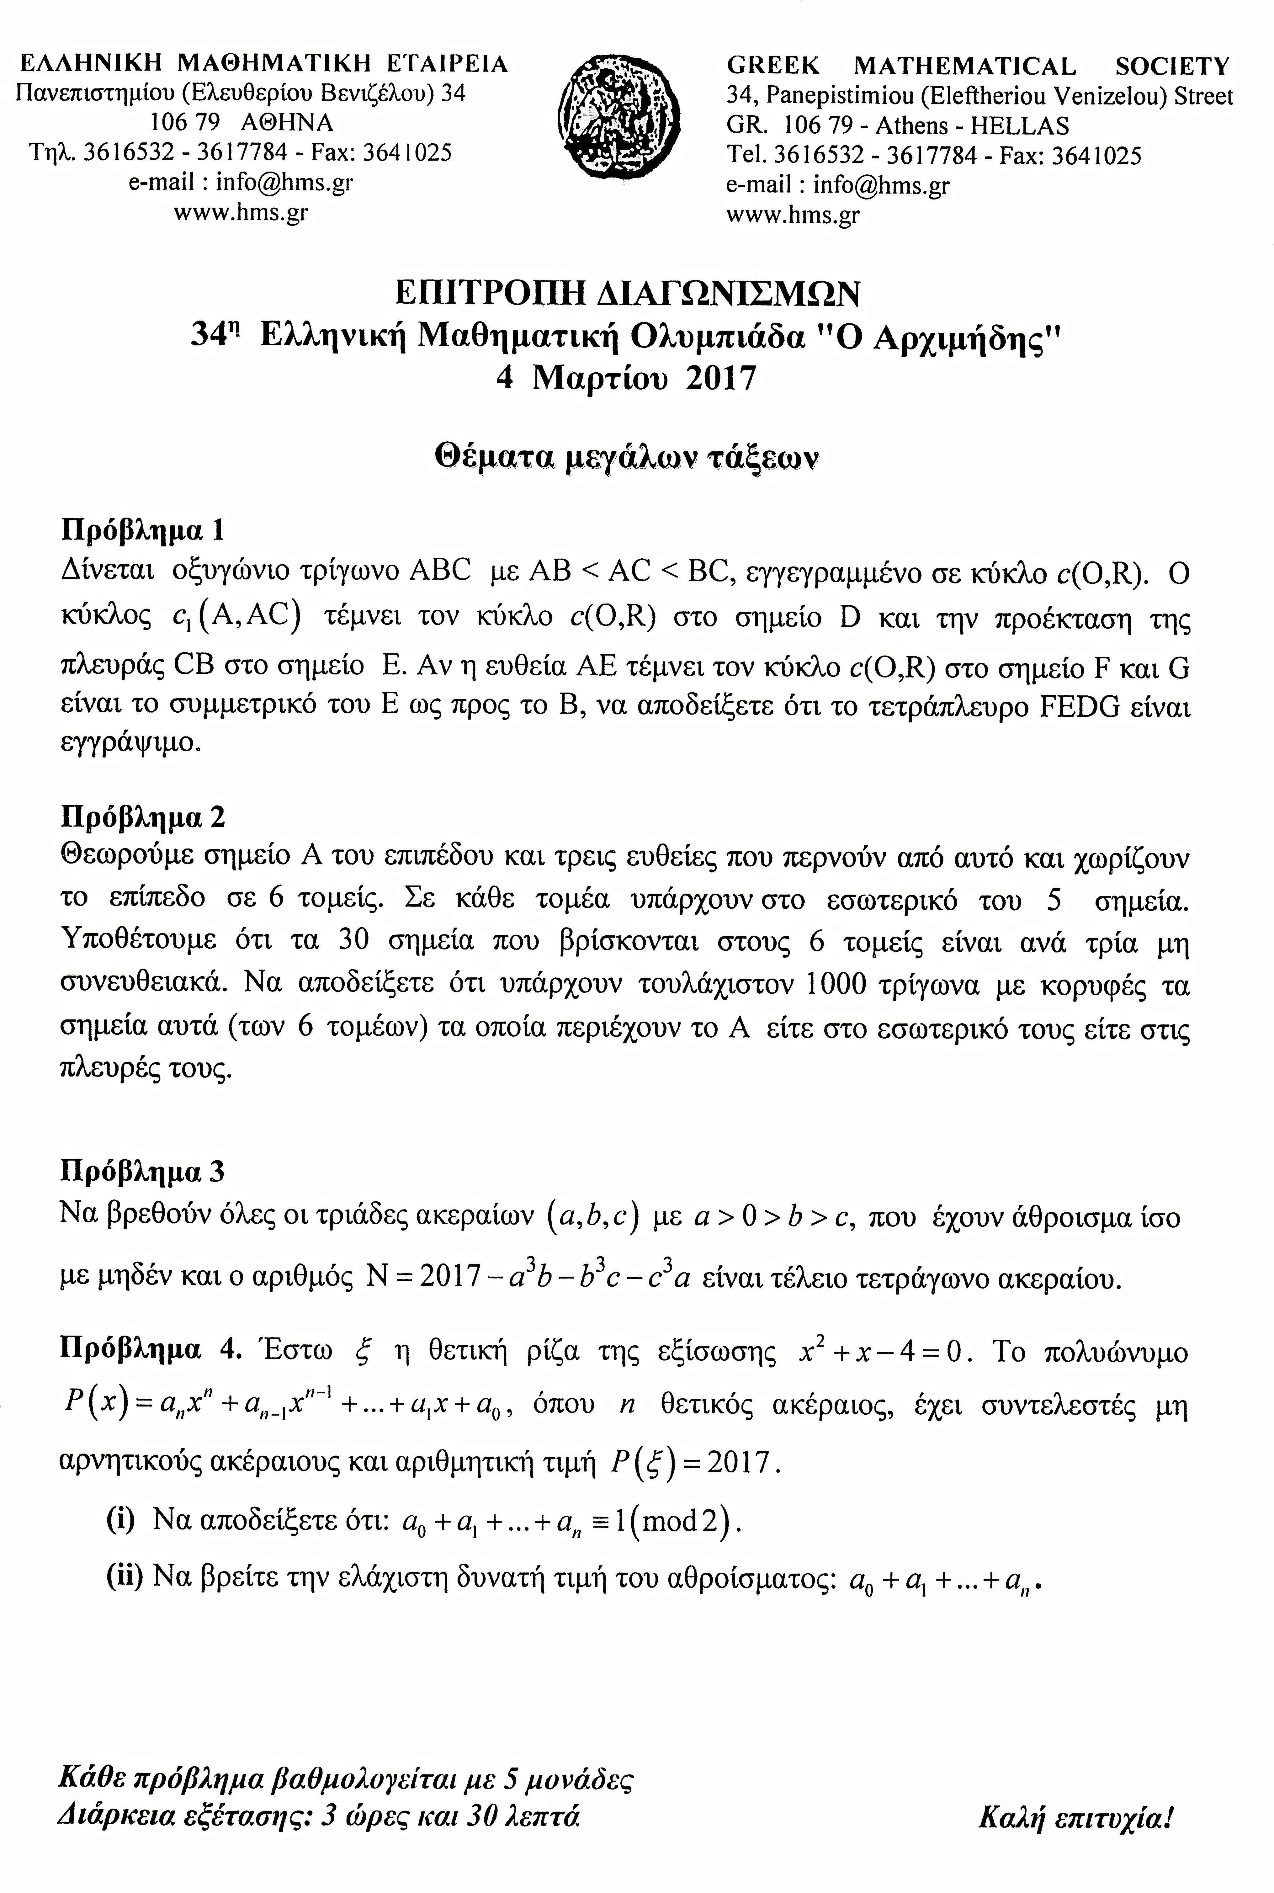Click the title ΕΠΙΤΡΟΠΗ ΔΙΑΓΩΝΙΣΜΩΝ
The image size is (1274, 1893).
click(626, 292)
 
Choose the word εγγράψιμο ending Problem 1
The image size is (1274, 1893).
click(130, 744)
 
